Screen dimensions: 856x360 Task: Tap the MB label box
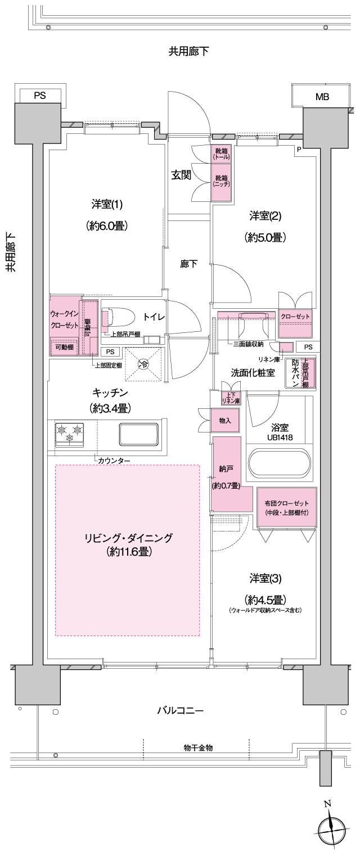(322, 97)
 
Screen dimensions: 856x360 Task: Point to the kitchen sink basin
(138, 434)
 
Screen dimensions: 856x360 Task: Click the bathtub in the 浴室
(279, 463)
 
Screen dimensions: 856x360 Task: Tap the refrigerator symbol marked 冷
(143, 364)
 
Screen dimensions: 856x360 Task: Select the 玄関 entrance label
(181, 175)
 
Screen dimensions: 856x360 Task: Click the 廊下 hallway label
(188, 263)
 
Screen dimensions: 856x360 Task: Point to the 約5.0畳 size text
(265, 237)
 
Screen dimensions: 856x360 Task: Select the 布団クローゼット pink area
(286, 506)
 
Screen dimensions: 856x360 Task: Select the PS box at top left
(39, 96)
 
